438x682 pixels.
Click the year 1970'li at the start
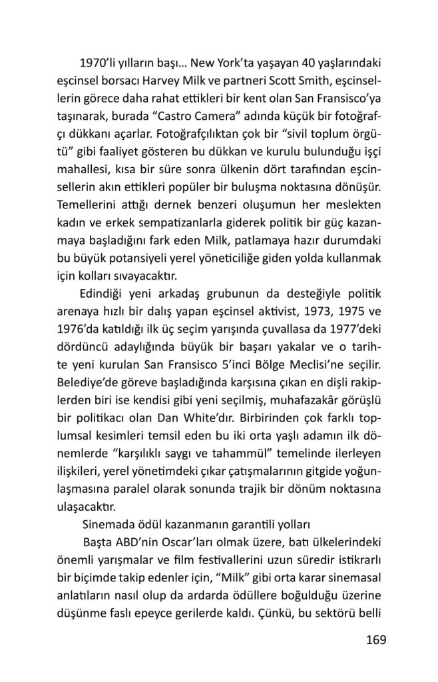point(99,63)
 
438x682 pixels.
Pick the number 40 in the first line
point(289,63)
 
